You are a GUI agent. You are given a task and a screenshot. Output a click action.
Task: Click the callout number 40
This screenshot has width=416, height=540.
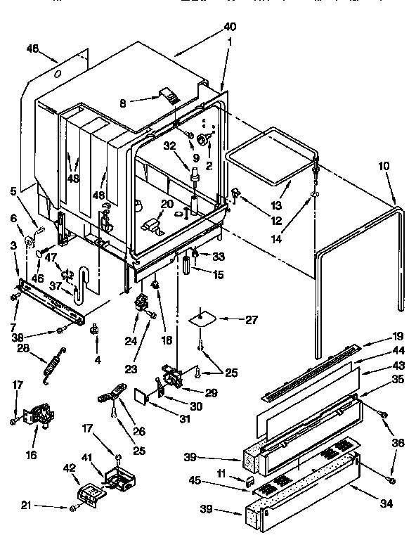click(x=230, y=27)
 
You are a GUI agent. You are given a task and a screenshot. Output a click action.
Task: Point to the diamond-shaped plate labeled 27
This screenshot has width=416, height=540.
click(x=202, y=318)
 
